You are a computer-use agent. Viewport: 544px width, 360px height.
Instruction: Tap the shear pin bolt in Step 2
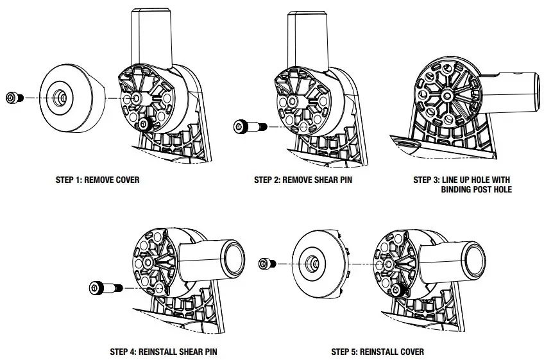246,125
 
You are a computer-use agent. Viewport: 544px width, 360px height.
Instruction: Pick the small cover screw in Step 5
267,264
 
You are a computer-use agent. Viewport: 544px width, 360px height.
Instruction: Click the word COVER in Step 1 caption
126,180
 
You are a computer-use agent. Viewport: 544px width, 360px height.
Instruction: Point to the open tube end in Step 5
473,259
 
